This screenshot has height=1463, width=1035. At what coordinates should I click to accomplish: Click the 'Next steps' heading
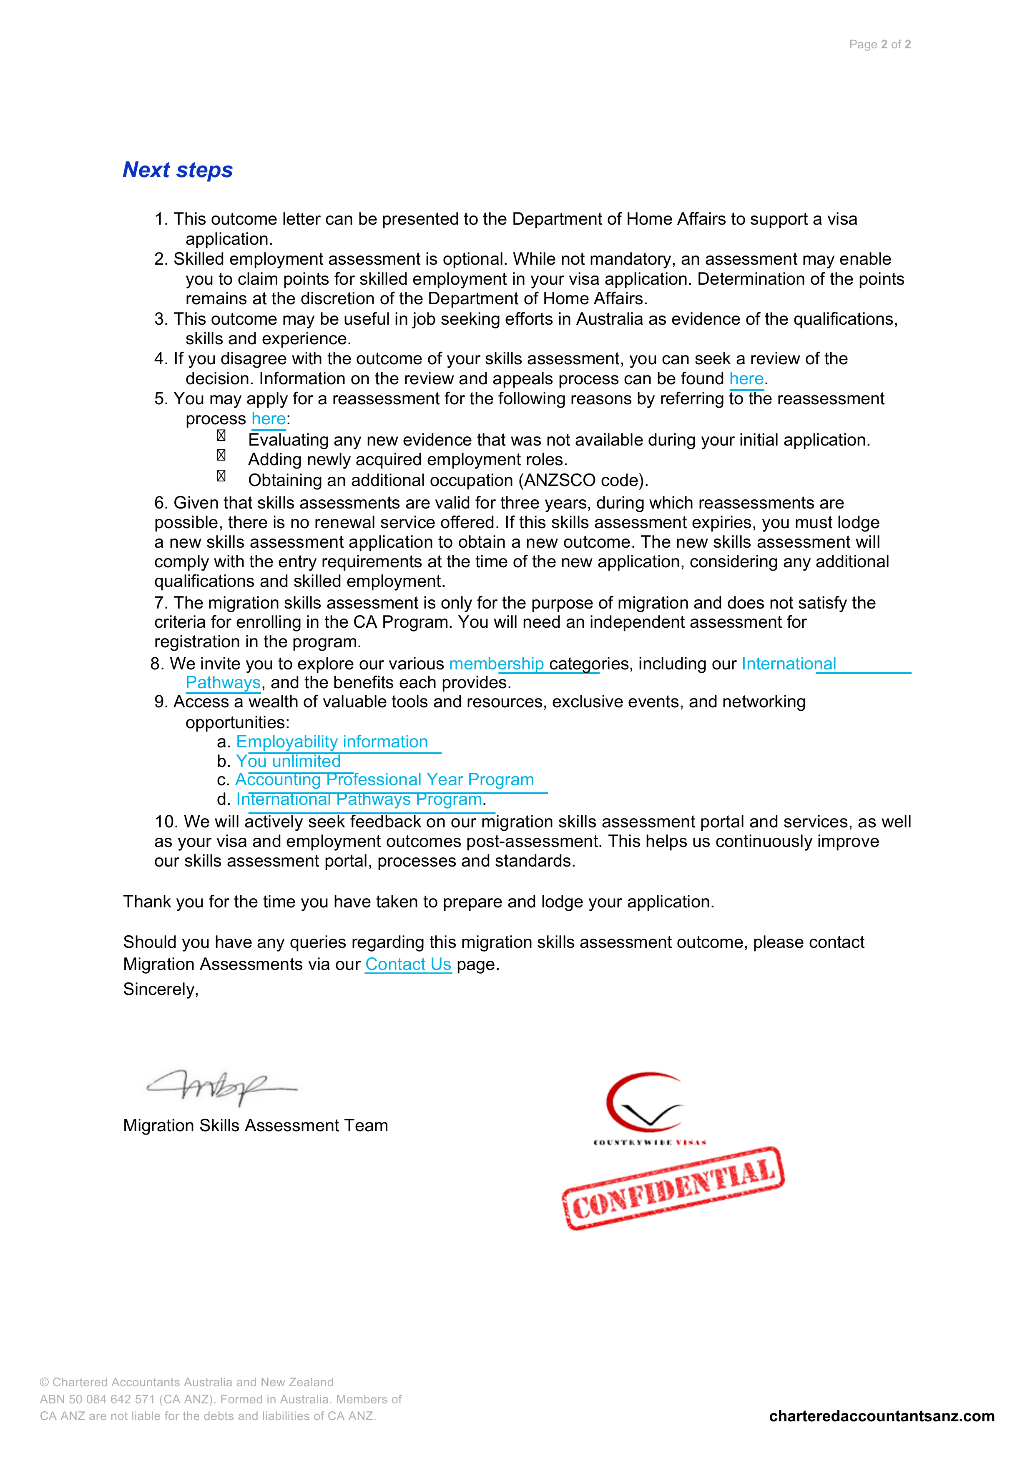pos(177,170)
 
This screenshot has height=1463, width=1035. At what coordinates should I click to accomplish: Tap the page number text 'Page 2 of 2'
pos(879,45)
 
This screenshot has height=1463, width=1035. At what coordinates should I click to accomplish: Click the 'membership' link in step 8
pos(496,664)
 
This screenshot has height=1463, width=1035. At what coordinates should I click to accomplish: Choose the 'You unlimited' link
pos(288,762)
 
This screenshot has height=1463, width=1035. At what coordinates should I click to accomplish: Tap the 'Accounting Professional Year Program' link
pos(384,780)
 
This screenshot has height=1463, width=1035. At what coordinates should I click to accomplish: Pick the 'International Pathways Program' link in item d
pos(359,800)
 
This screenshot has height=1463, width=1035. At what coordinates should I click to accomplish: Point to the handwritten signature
pos(220,1087)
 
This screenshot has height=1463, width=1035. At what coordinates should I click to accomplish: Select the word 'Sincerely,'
pos(161,990)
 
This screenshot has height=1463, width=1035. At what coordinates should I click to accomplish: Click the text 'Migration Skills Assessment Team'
pos(255,1126)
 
